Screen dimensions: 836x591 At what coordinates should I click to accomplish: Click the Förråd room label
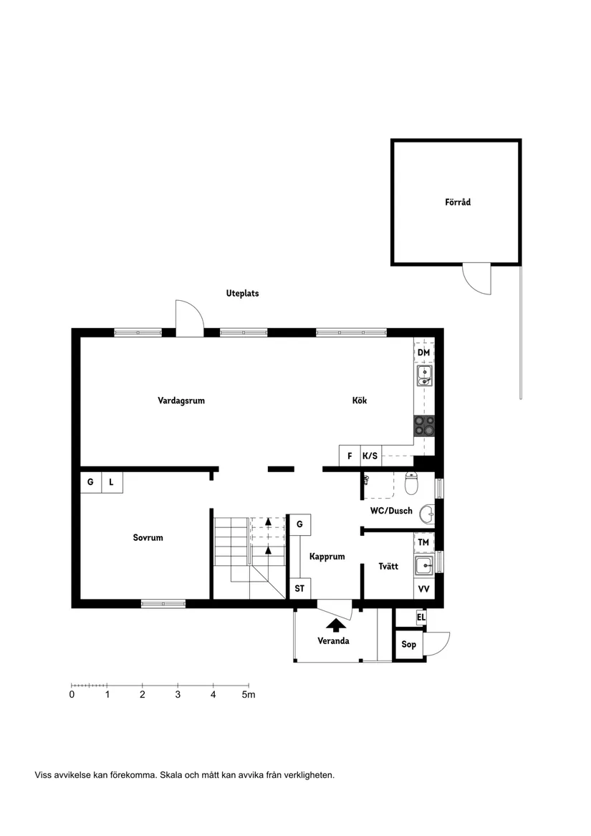click(x=457, y=203)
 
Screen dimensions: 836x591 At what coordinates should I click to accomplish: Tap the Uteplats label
click(x=242, y=294)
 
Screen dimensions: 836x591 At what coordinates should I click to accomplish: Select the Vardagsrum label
click(x=181, y=401)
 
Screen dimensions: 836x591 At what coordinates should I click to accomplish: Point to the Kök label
click(x=360, y=401)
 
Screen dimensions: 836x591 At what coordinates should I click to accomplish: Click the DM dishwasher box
click(x=423, y=352)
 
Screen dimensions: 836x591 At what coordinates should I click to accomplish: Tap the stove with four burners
click(x=423, y=426)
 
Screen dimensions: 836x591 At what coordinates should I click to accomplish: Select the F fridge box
click(x=350, y=456)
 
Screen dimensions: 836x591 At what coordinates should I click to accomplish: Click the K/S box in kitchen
click(x=370, y=456)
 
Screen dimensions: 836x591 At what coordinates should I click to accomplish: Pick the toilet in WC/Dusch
click(x=412, y=485)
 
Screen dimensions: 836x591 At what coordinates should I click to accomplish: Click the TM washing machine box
click(x=423, y=543)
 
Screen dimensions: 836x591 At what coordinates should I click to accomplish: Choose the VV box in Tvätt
click(x=423, y=589)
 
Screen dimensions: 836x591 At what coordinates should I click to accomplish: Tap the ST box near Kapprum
click(x=299, y=589)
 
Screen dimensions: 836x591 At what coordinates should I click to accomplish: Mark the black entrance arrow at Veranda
click(x=334, y=625)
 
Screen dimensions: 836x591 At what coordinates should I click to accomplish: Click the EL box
click(x=421, y=617)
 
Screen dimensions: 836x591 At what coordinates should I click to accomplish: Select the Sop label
click(x=408, y=645)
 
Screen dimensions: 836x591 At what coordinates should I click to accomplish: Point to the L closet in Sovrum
click(x=111, y=483)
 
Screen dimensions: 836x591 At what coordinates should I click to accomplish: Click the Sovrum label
click(x=148, y=538)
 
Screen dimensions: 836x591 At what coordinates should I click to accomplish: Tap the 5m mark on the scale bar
click(x=247, y=694)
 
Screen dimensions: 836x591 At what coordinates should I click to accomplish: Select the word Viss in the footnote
click(x=43, y=775)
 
